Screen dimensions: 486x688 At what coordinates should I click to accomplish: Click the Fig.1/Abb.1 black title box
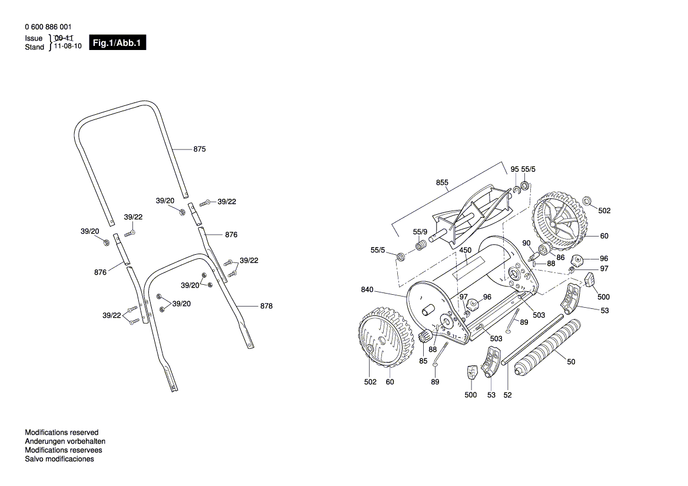click(117, 43)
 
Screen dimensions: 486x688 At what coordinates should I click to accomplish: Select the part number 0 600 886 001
click(49, 27)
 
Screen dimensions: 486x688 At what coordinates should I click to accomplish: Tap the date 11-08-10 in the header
click(68, 46)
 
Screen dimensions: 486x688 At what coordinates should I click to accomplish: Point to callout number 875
click(200, 149)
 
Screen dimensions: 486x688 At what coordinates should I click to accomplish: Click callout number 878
click(266, 306)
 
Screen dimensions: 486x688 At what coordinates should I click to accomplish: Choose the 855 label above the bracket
click(442, 182)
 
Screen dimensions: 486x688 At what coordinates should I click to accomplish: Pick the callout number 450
click(466, 250)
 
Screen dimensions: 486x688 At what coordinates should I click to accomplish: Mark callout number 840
click(367, 289)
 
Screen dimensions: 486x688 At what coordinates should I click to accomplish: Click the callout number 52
click(507, 395)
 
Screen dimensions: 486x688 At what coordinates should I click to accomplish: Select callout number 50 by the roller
click(571, 362)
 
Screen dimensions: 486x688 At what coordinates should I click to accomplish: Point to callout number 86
click(560, 258)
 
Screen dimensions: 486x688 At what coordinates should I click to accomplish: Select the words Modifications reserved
click(62, 432)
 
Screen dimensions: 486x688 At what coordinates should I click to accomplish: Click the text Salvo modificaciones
click(59, 459)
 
